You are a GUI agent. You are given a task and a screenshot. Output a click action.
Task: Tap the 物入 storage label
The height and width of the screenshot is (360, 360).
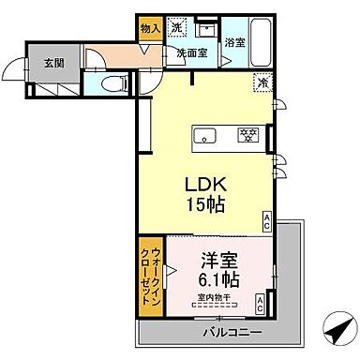(x=150, y=29)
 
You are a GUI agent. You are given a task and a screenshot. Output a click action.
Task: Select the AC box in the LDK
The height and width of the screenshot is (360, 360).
(x=266, y=221)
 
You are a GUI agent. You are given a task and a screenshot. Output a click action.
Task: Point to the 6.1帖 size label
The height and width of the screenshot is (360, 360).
(x=217, y=279)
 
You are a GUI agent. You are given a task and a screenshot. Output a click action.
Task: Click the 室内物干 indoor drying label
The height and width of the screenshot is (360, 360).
(x=216, y=299)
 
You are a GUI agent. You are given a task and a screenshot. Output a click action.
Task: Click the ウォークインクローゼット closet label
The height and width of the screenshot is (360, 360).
(x=152, y=273)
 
